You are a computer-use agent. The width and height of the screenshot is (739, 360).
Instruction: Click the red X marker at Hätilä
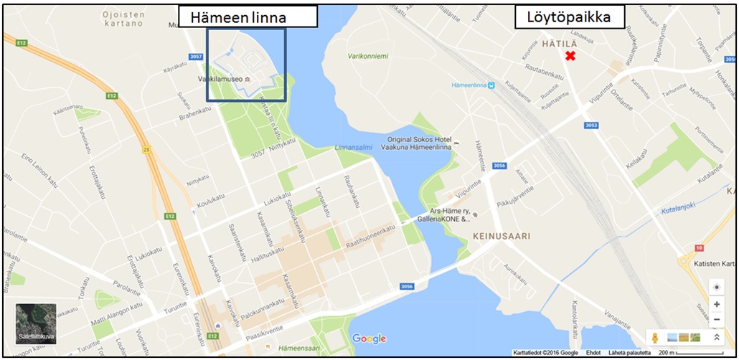pyautogui.click(x=570, y=56)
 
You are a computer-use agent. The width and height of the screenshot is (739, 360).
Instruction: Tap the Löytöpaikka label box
pyautogui.click(x=570, y=17)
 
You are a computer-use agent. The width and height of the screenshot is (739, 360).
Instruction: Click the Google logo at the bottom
pyautogui.click(x=369, y=338)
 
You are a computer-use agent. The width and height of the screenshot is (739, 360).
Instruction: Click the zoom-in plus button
pyautogui.click(x=716, y=304)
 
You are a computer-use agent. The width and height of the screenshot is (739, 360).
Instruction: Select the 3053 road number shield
pyautogui.click(x=591, y=125)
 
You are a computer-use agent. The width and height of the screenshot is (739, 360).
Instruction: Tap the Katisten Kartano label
pyautogui.click(x=714, y=264)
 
